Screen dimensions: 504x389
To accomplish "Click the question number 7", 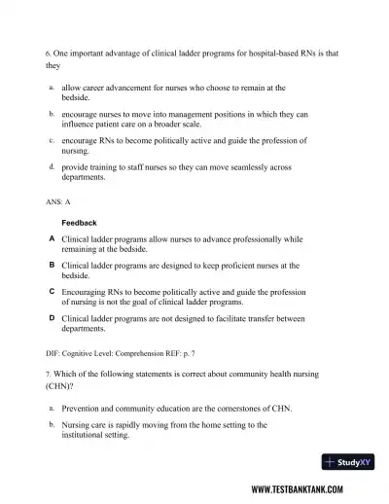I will [x=48, y=373].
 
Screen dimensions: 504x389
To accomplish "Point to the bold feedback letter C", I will [x=52, y=290].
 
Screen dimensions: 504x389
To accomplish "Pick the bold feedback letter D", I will [x=52, y=317].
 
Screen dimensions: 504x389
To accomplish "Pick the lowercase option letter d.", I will [x=51, y=166].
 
